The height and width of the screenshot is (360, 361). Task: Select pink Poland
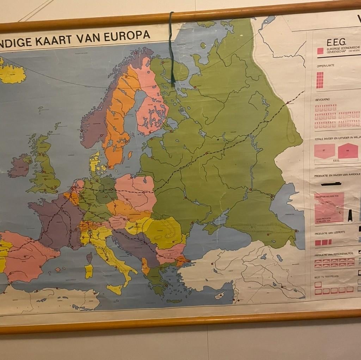tap(136, 192)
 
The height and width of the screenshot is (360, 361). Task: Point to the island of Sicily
tap(115, 289)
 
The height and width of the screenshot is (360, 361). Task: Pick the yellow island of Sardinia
tap(88, 271)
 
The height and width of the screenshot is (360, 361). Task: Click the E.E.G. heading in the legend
tap(336, 43)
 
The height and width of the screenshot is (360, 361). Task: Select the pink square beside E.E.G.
tap(320, 51)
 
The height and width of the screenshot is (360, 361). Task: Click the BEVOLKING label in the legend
tap(323, 99)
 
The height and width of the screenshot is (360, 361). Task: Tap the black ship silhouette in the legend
tap(331, 184)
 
